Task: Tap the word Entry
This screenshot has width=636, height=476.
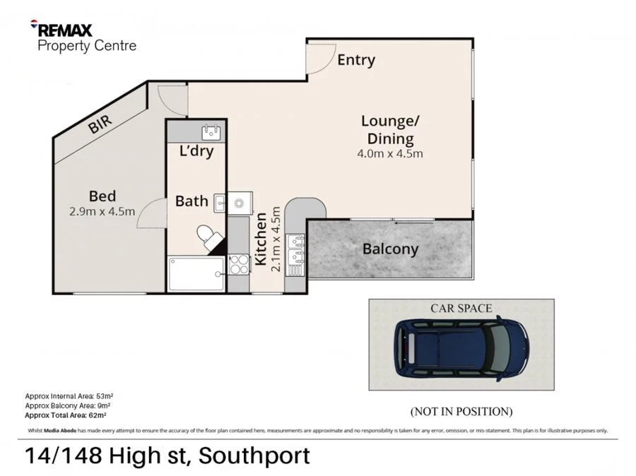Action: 355,60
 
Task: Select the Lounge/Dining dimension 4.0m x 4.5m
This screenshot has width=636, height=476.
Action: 390,154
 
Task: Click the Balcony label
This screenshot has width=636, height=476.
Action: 390,249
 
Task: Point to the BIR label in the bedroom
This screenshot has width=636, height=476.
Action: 100,126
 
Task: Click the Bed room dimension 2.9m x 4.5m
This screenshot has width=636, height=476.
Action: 102,211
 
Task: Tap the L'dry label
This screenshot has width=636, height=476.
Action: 196,150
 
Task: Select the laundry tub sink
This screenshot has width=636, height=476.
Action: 211,131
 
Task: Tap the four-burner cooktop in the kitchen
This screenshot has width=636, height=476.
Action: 239,264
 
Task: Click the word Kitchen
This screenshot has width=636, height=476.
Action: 260,240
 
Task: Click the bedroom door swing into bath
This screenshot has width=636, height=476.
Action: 150,212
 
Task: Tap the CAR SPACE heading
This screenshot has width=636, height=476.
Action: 461,308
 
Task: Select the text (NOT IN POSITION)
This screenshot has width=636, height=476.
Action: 461,411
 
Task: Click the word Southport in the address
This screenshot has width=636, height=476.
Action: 254,456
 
